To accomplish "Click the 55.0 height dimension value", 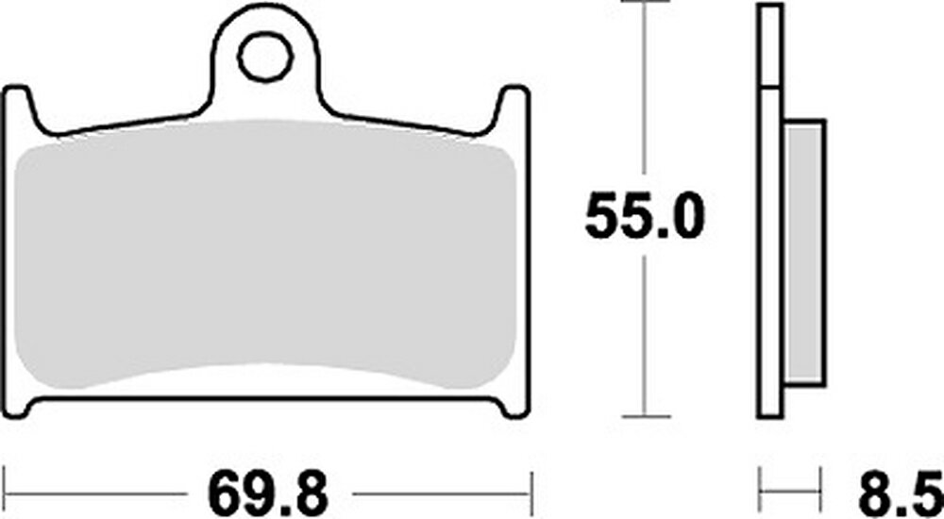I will [645, 216].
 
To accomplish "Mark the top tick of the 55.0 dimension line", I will [646, 4].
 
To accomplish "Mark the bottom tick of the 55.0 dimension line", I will [646, 415].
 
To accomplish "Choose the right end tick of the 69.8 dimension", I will [531, 493].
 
